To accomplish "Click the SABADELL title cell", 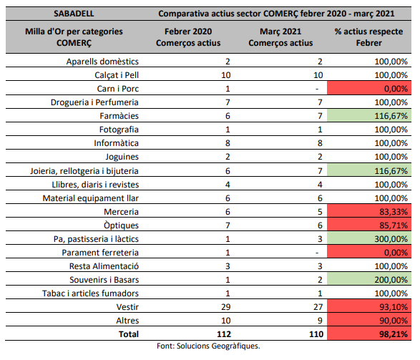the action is point(74,14).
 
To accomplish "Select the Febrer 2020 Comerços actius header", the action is point(188,37).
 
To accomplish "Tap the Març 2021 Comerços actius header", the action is point(280,37).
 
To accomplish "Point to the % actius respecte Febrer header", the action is point(368,37).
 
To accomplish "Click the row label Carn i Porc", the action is point(118,89).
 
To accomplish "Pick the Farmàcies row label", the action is point(119,116).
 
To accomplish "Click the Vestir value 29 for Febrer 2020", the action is point(226,307).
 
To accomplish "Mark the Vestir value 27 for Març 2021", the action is point(318,307).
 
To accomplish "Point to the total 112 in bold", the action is point(224,334).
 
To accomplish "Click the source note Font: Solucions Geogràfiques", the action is point(208,346).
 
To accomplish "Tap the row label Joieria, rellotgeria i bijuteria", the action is point(84,171).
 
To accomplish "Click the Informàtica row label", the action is point(116,143).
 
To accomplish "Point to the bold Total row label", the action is point(129,334).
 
